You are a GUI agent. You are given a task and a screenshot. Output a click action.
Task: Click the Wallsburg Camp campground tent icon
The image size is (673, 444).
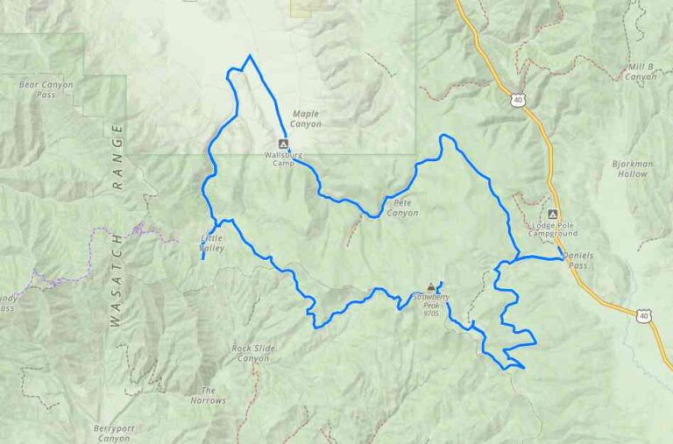(x=282, y=144)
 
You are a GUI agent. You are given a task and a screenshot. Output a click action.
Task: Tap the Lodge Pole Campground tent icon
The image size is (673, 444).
(x=552, y=215)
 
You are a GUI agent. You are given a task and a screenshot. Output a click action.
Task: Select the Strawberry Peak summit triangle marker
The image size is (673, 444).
(x=430, y=287)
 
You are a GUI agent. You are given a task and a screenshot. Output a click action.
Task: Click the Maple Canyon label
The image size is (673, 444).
(x=305, y=119)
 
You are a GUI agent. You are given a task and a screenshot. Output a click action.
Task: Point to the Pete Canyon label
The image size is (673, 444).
(x=402, y=208)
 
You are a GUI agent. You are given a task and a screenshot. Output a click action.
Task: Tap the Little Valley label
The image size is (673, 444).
(x=212, y=243)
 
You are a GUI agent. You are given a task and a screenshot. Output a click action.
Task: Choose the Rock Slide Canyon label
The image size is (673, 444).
(x=253, y=353)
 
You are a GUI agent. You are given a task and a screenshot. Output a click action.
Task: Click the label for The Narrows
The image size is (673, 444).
(x=208, y=395)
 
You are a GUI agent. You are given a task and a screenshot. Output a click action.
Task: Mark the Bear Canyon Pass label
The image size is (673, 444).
(x=46, y=89)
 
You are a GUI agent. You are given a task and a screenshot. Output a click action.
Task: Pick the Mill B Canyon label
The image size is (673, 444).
(x=641, y=72)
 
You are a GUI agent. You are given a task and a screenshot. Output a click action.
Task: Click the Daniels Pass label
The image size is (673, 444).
(x=577, y=259)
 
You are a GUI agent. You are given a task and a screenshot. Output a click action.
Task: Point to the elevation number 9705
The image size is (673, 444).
(x=430, y=313)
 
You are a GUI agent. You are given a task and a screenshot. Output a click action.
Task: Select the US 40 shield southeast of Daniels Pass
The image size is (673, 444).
(x=644, y=314)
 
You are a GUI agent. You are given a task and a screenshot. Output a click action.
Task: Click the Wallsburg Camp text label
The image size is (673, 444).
(x=282, y=159)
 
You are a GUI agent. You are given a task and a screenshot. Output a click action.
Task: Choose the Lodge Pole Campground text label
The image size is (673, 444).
(x=555, y=229)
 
